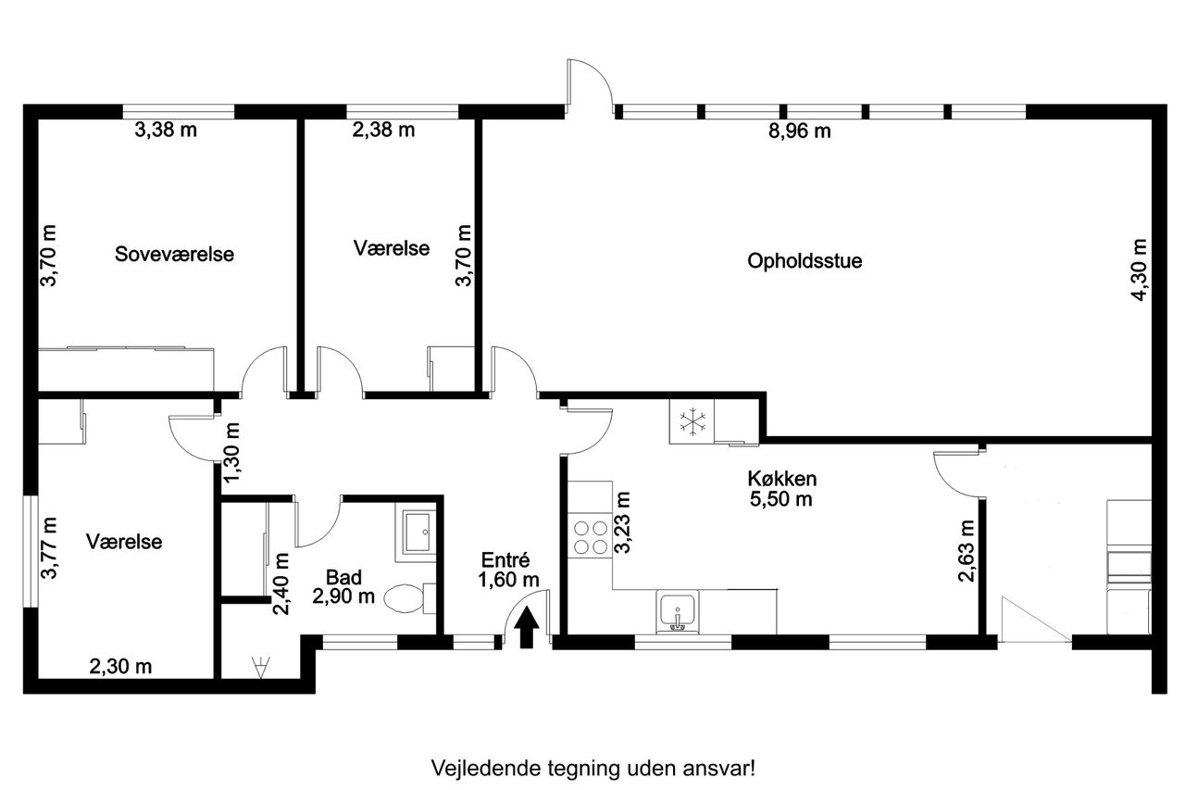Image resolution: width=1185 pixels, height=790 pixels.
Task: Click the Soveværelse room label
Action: [x=174, y=254]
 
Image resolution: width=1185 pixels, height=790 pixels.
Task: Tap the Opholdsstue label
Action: [x=805, y=261]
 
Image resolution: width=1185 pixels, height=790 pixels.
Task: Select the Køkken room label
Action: [x=782, y=478]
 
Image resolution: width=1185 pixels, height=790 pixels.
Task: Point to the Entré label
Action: [x=505, y=559]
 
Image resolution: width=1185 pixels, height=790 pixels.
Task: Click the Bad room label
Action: [x=343, y=577]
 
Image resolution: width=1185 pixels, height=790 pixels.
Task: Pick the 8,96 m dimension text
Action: [x=799, y=131]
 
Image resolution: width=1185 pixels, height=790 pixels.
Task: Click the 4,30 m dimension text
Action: [x=1139, y=270]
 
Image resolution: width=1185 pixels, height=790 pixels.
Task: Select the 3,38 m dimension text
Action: [x=166, y=130]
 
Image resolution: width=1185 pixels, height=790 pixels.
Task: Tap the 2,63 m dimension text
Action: [x=967, y=551]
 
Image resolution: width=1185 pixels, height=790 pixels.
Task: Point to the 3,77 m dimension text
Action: [x=49, y=547]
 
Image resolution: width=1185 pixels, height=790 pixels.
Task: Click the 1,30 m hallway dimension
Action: [x=231, y=453]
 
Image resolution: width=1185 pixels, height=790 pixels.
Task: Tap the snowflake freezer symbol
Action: [x=692, y=421]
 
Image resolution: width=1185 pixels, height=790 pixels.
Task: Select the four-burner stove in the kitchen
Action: [x=591, y=537]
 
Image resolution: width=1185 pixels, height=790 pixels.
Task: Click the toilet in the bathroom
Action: [x=409, y=599]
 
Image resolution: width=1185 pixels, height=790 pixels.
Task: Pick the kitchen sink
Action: [x=677, y=612]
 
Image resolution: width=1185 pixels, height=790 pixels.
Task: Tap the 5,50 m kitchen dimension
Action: [x=780, y=499]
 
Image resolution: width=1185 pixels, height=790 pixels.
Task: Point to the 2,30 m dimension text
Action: [x=120, y=667]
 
